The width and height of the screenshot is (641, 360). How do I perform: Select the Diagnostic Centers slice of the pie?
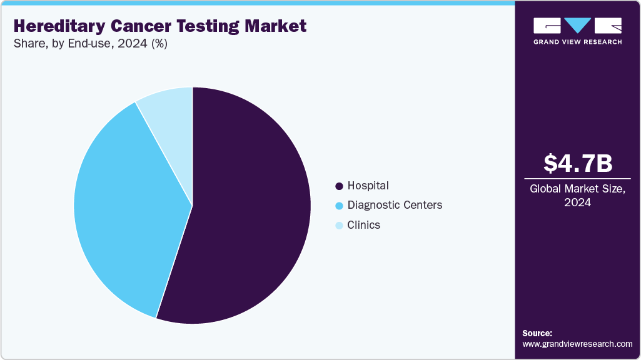pyautogui.click(x=125, y=206)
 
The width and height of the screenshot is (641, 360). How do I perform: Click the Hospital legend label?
pyautogui.click(x=368, y=186)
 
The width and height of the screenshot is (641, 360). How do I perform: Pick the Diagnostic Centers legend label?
pyautogui.click(x=395, y=205)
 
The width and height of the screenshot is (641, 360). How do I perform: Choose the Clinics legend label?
pyautogui.click(x=364, y=225)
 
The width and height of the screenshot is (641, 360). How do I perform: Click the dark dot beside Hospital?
pyautogui.click(x=339, y=186)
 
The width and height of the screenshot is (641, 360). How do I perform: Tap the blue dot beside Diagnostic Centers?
pyautogui.click(x=339, y=206)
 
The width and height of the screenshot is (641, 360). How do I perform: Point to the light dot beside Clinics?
pyautogui.click(x=339, y=226)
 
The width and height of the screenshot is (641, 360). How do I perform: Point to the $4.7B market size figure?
pyautogui.click(x=577, y=163)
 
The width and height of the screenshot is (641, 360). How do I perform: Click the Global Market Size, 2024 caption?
pyautogui.click(x=577, y=195)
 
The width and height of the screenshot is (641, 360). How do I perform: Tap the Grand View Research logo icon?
pyautogui.click(x=577, y=26)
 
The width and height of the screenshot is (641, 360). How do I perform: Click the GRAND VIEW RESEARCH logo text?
pyautogui.click(x=577, y=42)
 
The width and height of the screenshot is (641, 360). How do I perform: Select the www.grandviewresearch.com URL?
pyautogui.click(x=577, y=344)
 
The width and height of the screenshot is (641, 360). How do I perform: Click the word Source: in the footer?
pyautogui.click(x=537, y=333)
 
